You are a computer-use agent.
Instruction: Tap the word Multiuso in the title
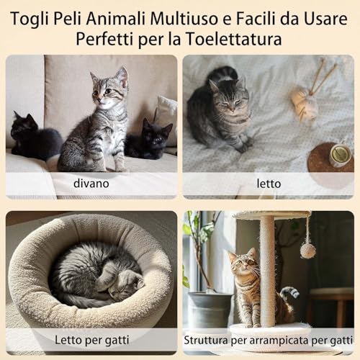tap(184, 18)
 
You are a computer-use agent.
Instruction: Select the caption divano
tap(91, 184)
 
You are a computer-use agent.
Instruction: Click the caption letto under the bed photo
tap(269, 184)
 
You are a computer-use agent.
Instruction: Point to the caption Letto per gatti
tap(92, 340)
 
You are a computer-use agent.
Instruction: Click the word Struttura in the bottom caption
tap(206, 340)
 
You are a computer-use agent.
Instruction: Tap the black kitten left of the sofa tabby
tap(35, 137)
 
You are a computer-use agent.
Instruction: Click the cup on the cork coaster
tap(341, 156)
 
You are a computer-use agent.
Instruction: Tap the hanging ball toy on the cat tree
tap(308, 251)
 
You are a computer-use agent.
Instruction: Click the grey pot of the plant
tap(210, 310)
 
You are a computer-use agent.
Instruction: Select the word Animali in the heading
tap(116, 18)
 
